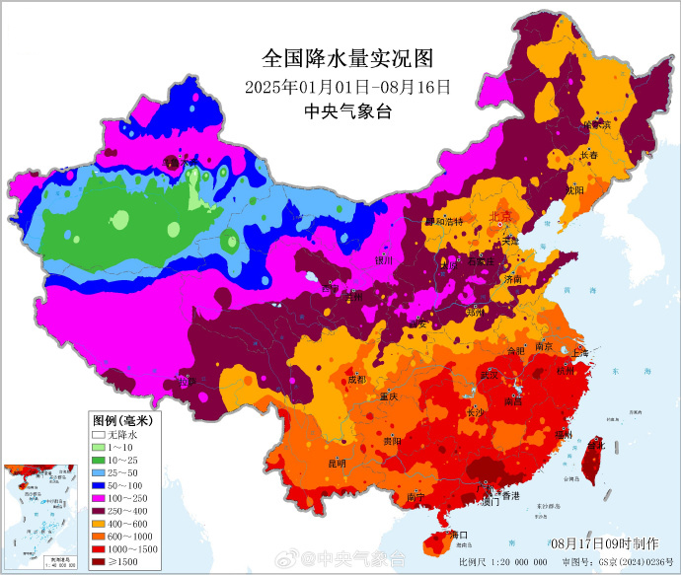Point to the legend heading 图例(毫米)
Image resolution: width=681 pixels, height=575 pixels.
pos(117,419)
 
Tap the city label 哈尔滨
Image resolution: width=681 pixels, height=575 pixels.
pos(596,125)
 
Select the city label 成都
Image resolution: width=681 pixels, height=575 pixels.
pos(356,379)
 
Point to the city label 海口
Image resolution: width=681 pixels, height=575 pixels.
pos(456,535)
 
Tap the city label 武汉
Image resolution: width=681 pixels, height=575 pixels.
pos(491,375)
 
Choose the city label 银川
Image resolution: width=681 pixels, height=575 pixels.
pos(384,260)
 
